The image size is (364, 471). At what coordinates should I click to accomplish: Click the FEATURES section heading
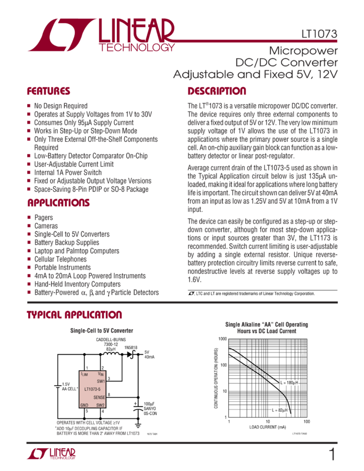pos(49,91)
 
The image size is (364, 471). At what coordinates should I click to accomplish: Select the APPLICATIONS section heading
pos(58,202)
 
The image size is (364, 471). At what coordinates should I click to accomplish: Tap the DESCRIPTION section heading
pos(217,91)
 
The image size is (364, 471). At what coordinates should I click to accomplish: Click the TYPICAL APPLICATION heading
pos(74,315)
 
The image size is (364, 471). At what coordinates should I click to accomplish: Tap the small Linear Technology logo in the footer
pos(51,454)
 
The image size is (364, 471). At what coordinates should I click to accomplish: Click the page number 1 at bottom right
pos(331,455)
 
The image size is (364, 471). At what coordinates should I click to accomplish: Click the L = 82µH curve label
pos(280,409)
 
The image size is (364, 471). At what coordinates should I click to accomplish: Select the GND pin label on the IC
pos(84,405)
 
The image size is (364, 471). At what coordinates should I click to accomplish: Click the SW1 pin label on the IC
pos(100,381)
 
